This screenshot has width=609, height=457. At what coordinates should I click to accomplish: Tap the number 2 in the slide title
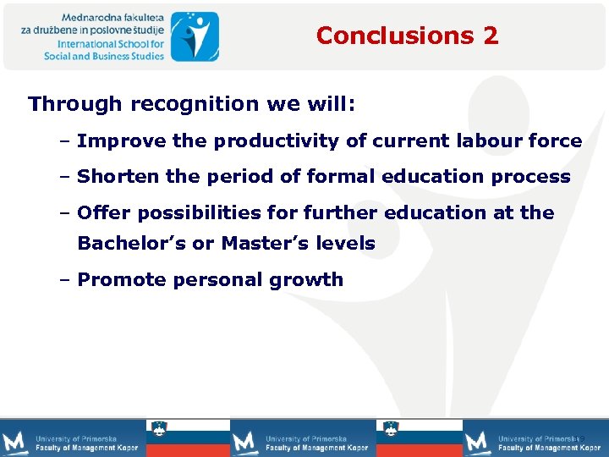coord(491,36)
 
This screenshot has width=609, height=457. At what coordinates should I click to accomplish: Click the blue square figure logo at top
coord(195,36)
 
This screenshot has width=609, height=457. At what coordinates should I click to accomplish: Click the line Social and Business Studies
coord(105,56)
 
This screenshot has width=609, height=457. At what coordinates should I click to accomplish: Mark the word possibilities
coord(193,212)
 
